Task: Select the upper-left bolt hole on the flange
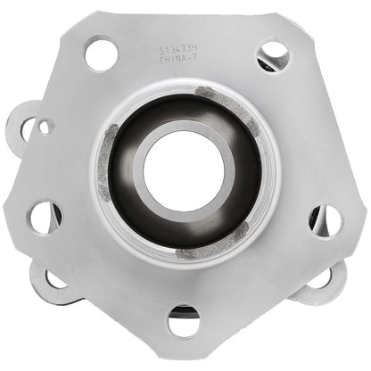[x=101, y=54]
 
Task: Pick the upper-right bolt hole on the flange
[x=272, y=55]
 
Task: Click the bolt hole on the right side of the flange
[x=326, y=219]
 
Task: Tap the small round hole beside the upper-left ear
[x=45, y=127]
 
